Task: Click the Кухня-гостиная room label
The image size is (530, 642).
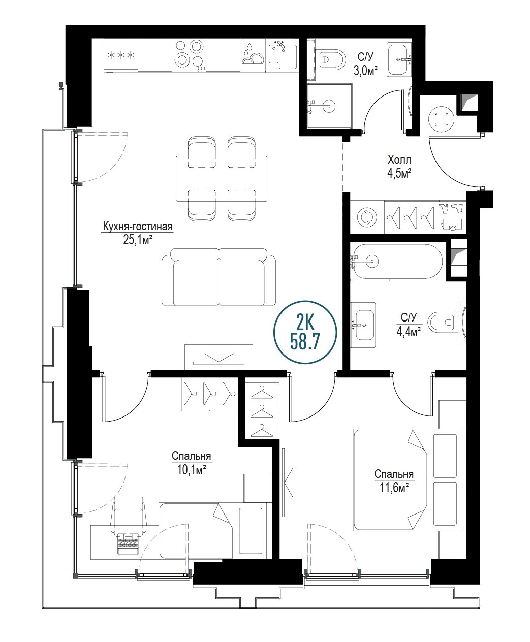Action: click(138, 227)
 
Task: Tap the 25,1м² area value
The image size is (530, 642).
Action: click(138, 240)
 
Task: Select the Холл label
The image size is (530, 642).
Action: click(399, 160)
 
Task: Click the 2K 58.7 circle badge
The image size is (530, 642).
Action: click(305, 332)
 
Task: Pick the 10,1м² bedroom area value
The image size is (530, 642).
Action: click(192, 469)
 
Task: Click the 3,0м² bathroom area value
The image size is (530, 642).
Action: click(365, 71)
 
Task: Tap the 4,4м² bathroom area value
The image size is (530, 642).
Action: click(409, 332)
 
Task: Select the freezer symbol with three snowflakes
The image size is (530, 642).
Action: click(121, 55)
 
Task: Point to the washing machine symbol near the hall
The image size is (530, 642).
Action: click(367, 217)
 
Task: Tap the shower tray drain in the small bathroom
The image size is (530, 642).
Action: click(329, 106)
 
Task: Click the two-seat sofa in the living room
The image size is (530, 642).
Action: click(219, 277)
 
